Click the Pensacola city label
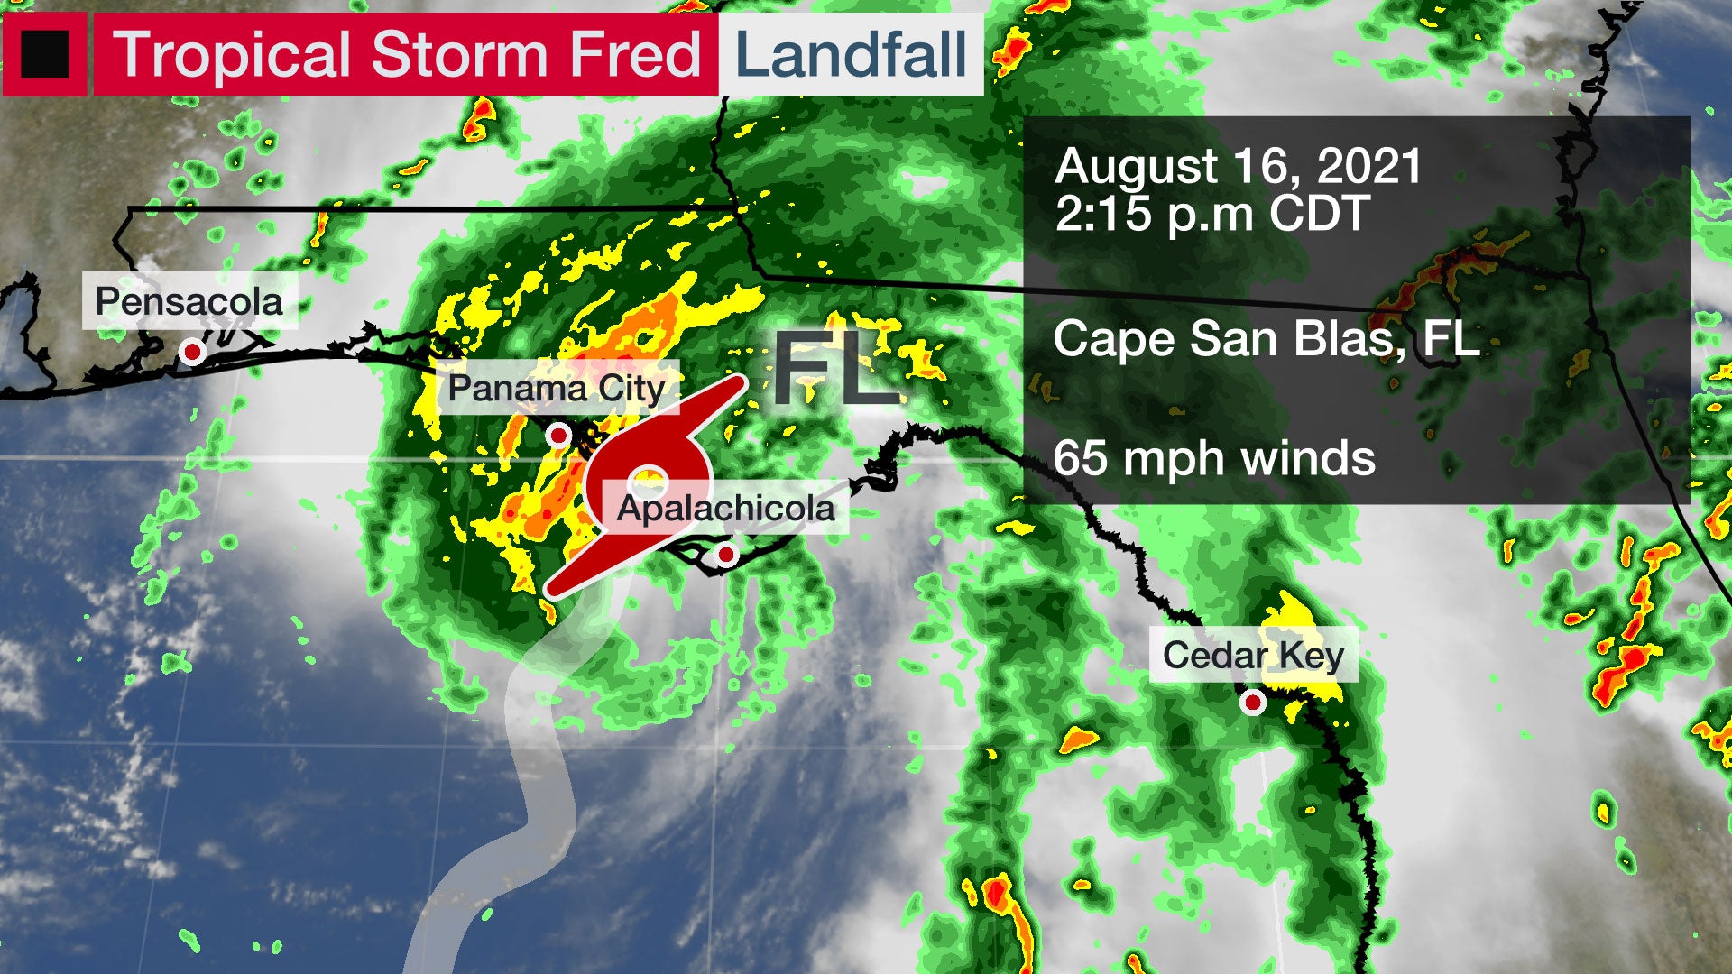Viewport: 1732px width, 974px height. click(189, 302)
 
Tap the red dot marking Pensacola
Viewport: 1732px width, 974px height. click(191, 351)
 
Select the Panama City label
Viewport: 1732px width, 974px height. click(557, 389)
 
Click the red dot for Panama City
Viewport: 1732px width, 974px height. click(559, 436)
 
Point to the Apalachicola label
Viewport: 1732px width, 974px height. click(726, 509)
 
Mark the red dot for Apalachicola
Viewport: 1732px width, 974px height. click(726, 556)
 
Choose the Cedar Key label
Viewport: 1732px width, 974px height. click(1253, 656)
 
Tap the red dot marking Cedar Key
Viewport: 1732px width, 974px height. click(1253, 702)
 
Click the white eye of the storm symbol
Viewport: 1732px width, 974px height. click(648, 480)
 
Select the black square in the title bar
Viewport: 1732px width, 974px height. click(44, 54)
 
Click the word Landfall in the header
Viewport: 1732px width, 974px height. click(851, 54)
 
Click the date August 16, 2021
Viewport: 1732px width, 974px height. click(1238, 167)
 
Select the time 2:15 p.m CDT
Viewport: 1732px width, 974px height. click(1211, 214)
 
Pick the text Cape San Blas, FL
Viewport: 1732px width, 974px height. click(1266, 339)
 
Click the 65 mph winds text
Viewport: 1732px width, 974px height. click(1214, 458)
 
